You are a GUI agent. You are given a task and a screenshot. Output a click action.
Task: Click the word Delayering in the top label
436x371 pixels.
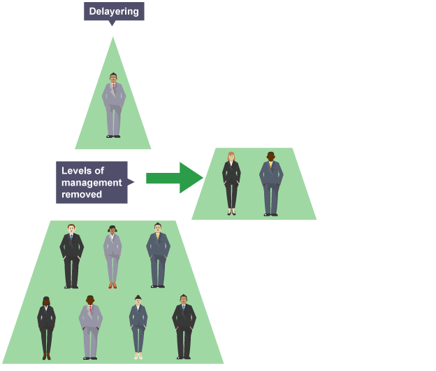(114, 10)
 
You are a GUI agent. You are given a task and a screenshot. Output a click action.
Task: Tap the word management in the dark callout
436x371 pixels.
(92, 183)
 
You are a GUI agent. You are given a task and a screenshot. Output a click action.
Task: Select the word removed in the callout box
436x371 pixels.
(82, 194)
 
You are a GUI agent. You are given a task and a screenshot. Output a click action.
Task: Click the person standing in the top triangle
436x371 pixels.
(113, 105)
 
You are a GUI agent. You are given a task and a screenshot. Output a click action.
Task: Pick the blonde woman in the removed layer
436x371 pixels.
(231, 182)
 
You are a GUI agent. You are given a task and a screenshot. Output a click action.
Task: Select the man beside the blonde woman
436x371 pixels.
(271, 183)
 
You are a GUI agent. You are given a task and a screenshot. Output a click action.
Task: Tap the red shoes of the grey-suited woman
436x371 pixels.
(112, 285)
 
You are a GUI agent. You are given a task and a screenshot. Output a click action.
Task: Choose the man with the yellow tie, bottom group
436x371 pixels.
(158, 255)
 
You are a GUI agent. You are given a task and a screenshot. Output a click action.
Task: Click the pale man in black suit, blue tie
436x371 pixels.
(71, 256)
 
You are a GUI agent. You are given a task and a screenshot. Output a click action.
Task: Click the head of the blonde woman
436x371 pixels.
(231, 156)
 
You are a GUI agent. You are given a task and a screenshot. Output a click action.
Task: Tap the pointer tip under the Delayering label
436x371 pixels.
(112, 24)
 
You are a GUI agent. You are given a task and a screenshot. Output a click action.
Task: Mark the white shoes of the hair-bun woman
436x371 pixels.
(138, 356)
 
